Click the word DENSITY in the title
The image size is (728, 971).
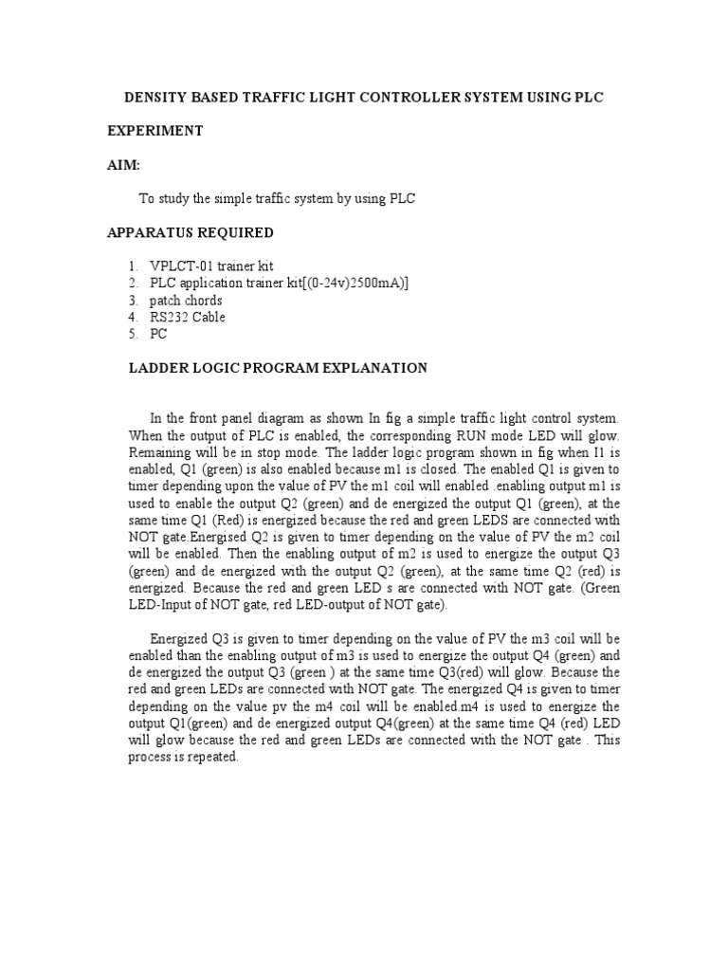pos(157,98)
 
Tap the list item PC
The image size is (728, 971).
pos(157,335)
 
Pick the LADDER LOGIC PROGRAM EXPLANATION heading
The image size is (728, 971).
pos(278,368)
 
